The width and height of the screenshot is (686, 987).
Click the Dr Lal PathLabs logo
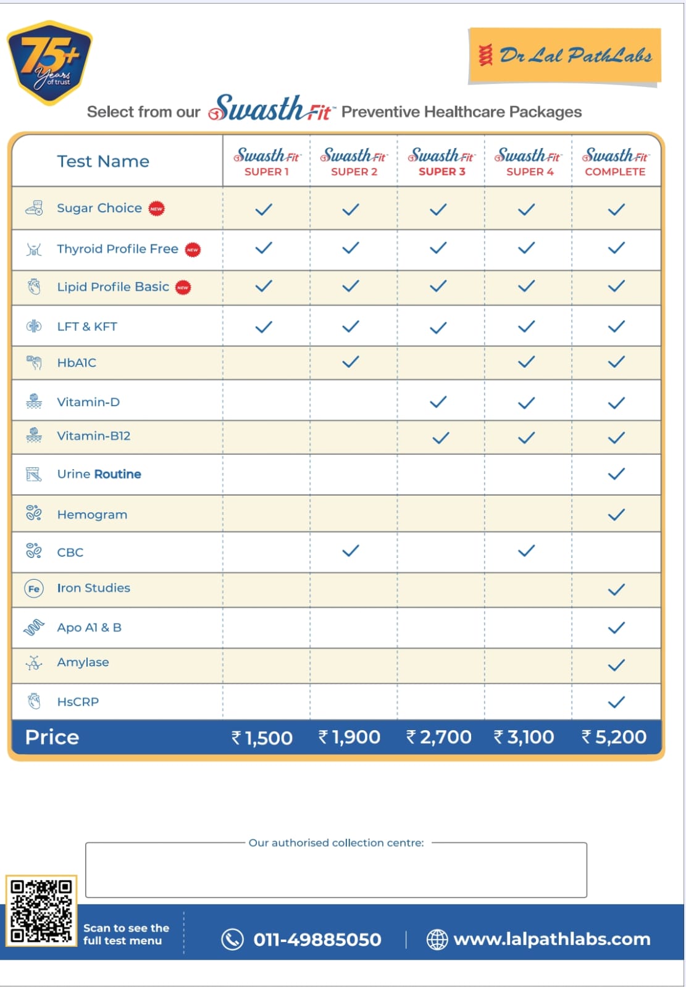[x=565, y=56]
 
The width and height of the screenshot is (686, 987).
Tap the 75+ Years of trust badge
[x=49, y=62]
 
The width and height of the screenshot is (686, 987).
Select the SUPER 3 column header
[x=441, y=162]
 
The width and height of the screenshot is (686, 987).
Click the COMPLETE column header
[x=616, y=162]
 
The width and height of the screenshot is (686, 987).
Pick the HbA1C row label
[x=77, y=363]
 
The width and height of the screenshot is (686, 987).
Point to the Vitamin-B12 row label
[x=94, y=436]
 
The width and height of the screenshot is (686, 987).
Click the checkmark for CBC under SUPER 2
[x=350, y=551]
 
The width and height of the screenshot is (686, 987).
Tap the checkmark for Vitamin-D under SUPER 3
[x=438, y=402]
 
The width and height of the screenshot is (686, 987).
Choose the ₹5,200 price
[x=614, y=737]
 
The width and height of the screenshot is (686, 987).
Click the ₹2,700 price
[x=439, y=737]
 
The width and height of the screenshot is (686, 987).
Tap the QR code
[x=41, y=910]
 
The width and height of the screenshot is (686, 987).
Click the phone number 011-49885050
[x=317, y=939]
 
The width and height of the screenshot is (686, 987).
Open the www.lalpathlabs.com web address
[x=552, y=939]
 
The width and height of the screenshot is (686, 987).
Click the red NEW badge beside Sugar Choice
[x=157, y=209]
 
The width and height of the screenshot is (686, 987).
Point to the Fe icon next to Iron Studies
[x=34, y=589]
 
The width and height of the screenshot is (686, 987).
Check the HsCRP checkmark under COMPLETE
[x=616, y=702]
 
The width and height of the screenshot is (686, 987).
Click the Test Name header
[x=103, y=162]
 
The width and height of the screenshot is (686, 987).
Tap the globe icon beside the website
[x=437, y=939]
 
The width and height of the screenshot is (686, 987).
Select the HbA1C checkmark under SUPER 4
[x=526, y=362]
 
